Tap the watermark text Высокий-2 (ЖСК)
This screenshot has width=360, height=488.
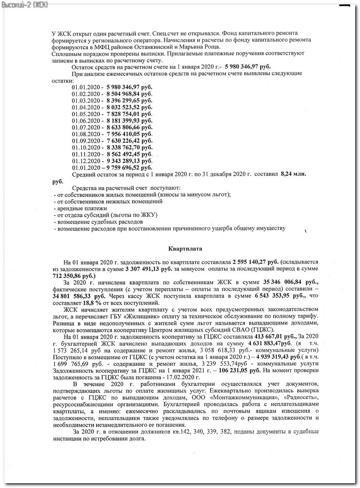pyautogui.click(x=25, y=4)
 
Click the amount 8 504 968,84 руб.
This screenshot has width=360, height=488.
pyautogui.click(x=129, y=94)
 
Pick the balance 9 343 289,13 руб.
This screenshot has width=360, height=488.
pyautogui.click(x=129, y=161)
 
